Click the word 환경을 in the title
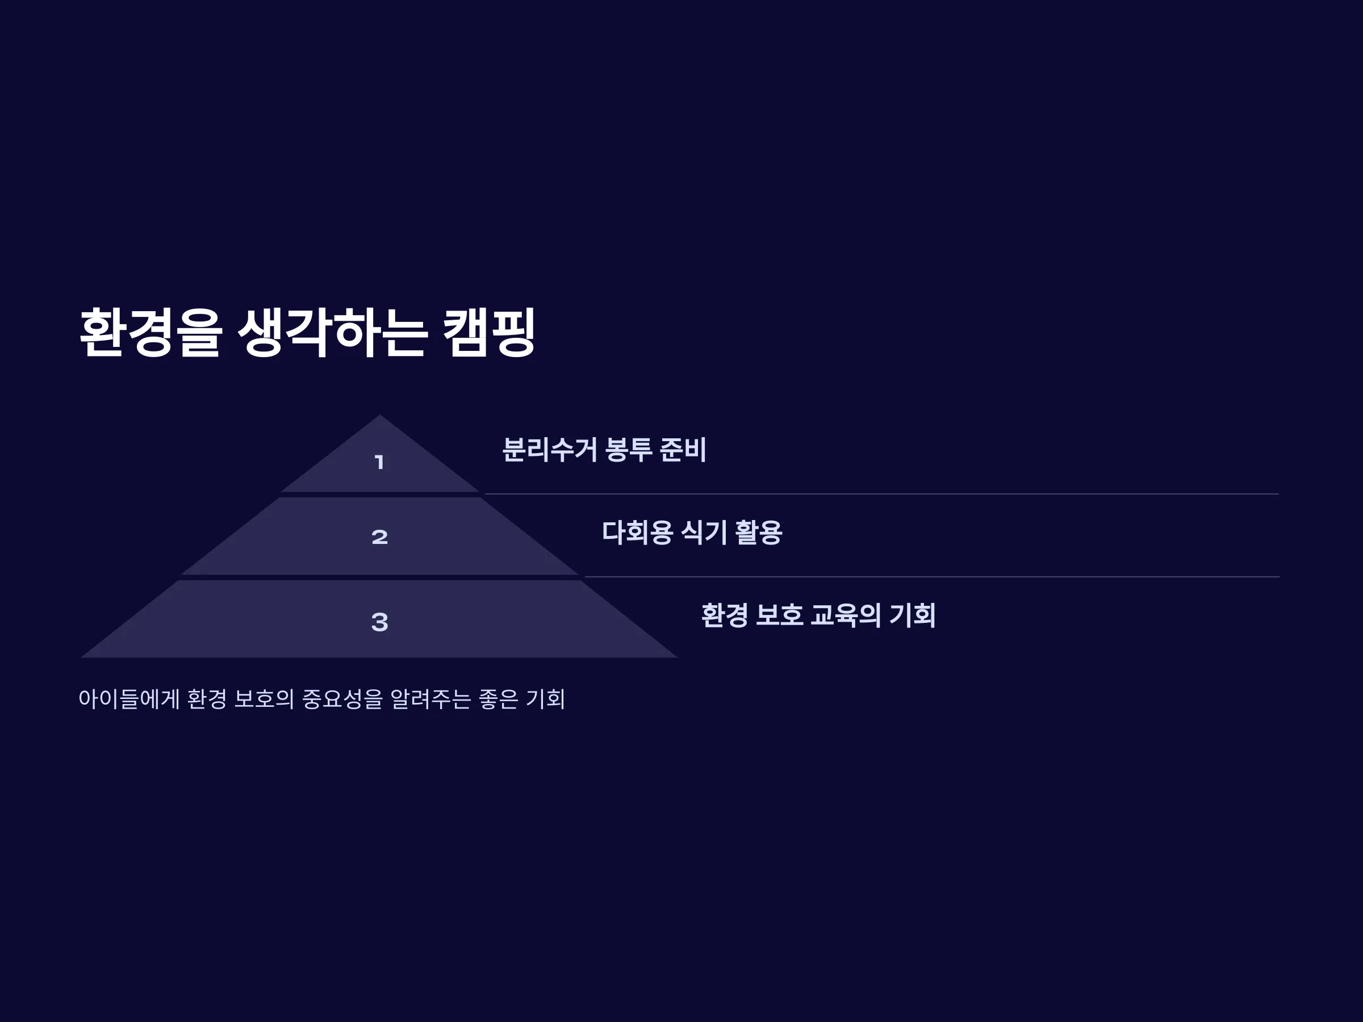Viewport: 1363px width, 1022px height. click(150, 332)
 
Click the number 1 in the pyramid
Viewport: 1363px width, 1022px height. click(379, 462)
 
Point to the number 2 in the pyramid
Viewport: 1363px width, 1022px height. click(379, 537)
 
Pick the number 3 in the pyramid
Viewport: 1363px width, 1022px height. click(379, 622)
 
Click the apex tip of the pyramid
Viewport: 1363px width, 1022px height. click(379, 414)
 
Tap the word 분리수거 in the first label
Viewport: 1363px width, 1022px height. click(550, 449)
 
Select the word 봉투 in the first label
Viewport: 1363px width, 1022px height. click(629, 449)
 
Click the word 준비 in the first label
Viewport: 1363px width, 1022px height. click(683, 449)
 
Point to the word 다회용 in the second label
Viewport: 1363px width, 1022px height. click(637, 532)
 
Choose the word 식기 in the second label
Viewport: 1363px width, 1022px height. click(704, 532)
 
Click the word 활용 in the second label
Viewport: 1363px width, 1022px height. click(759, 532)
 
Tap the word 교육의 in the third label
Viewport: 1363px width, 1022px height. click(846, 615)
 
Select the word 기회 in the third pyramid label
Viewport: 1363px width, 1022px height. click(913, 615)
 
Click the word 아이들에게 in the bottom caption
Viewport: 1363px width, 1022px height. click(129, 698)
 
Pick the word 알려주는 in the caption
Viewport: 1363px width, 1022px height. click(430, 698)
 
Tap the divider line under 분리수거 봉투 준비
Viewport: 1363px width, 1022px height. click(882, 494)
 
